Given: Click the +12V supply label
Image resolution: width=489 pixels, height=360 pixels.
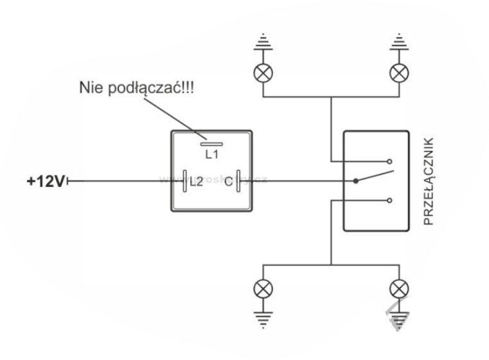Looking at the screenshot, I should [45, 181].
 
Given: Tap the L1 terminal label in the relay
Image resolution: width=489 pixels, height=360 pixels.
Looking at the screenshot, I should [212, 154].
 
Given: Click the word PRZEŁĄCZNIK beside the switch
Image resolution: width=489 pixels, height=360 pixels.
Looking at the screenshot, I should [430, 181].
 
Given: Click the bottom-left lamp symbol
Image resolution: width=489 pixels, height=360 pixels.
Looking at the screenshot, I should [263, 288].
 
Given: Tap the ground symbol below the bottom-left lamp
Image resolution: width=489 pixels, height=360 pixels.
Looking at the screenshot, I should [263, 316].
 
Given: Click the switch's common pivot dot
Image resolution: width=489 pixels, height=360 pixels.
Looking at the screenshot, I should [355, 181].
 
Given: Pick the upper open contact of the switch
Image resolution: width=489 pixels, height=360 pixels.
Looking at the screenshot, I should [390, 161].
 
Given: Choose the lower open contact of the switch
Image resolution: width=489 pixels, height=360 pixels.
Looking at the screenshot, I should [390, 201].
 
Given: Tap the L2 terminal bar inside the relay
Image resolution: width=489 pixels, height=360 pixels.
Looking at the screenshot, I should [186, 181].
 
